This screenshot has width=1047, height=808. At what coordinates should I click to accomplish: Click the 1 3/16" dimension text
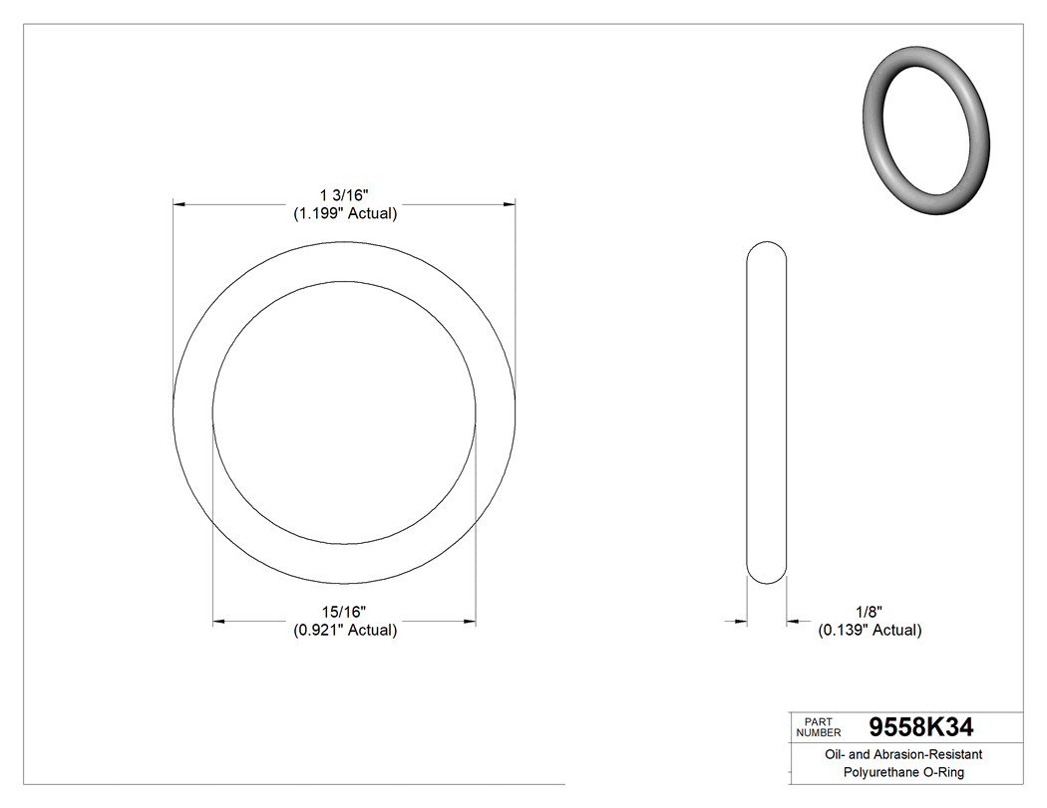click(x=344, y=193)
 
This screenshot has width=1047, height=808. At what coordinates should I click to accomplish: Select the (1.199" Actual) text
click(x=344, y=213)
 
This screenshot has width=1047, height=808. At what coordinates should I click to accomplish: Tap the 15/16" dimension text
click(x=344, y=610)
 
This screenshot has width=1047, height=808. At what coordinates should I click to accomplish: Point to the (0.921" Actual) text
click(x=344, y=630)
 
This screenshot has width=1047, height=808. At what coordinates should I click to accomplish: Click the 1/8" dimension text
click(x=870, y=610)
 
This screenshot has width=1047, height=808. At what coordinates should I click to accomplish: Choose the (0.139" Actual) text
click(x=870, y=630)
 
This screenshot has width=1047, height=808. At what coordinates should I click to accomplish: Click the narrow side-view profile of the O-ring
click(x=767, y=411)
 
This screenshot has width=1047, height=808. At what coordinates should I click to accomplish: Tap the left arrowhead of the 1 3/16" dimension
click(x=179, y=204)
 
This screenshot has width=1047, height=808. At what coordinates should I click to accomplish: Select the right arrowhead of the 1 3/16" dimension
click(x=509, y=204)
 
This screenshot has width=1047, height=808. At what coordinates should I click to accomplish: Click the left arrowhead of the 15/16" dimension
click(x=219, y=623)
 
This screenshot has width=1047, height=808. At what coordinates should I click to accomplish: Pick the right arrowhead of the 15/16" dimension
click(x=469, y=623)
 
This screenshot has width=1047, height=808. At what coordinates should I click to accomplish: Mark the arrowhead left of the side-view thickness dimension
click(x=741, y=623)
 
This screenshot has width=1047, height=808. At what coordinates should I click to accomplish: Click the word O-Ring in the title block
click(x=942, y=772)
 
